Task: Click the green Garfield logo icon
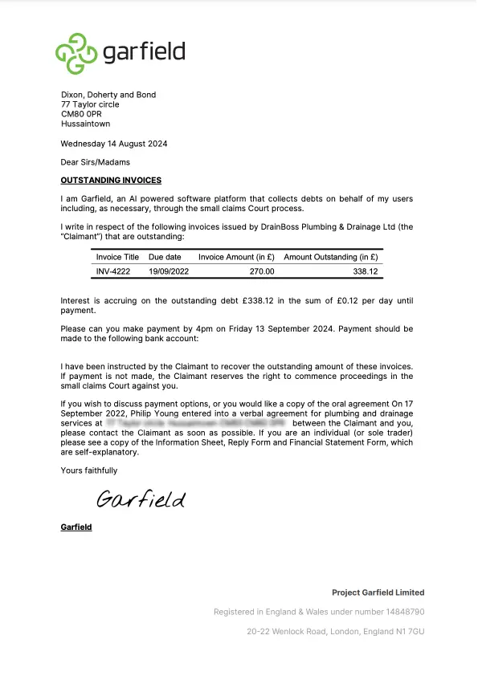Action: point(76,51)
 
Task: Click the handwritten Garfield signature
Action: point(141,499)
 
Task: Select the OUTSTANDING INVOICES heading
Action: point(111,181)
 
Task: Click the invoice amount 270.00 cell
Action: point(260,271)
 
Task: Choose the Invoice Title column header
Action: point(118,257)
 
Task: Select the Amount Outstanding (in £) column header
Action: point(330,257)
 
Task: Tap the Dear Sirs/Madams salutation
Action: point(95,163)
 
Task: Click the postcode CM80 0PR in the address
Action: point(81,114)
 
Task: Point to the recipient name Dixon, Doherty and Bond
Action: point(108,95)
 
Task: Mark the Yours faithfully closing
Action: point(89,470)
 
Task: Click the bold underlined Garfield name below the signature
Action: point(76,527)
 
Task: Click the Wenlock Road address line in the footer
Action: point(335,632)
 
